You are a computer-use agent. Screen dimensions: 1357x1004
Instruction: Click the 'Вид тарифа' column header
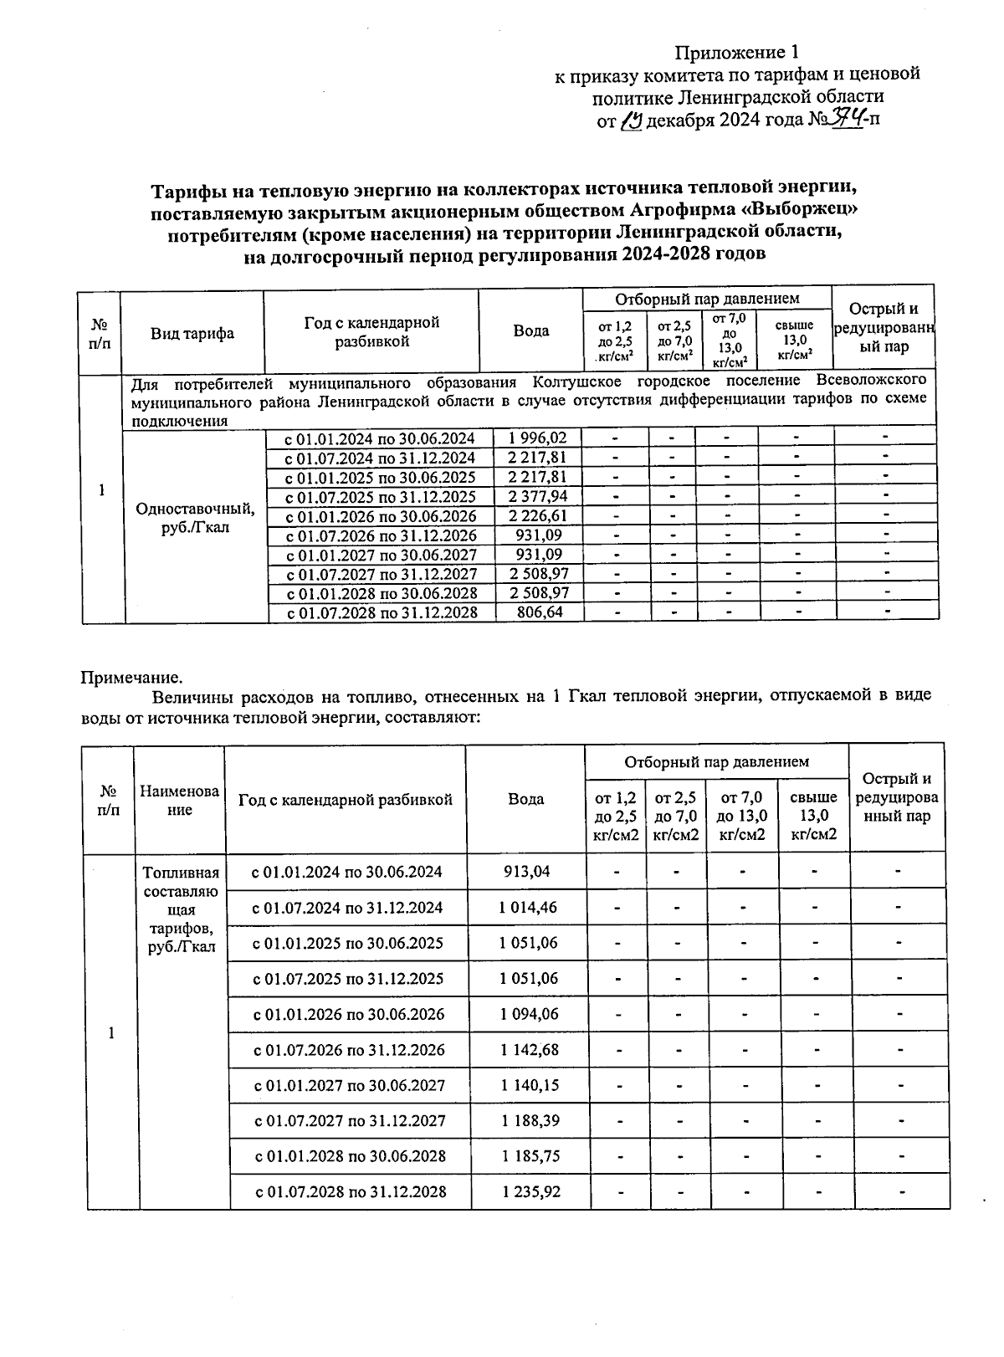click(x=192, y=333)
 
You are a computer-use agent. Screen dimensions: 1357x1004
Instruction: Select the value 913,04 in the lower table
click(x=527, y=872)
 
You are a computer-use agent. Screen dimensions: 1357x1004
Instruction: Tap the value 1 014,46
click(x=528, y=908)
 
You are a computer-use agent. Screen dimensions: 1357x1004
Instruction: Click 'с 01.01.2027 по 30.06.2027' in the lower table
click(x=349, y=1086)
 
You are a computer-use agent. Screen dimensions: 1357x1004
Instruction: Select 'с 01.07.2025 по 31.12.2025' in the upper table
click(x=381, y=497)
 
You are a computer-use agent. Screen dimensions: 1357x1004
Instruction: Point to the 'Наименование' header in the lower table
click(x=180, y=800)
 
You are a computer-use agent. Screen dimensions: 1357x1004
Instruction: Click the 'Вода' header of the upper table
click(x=531, y=330)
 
